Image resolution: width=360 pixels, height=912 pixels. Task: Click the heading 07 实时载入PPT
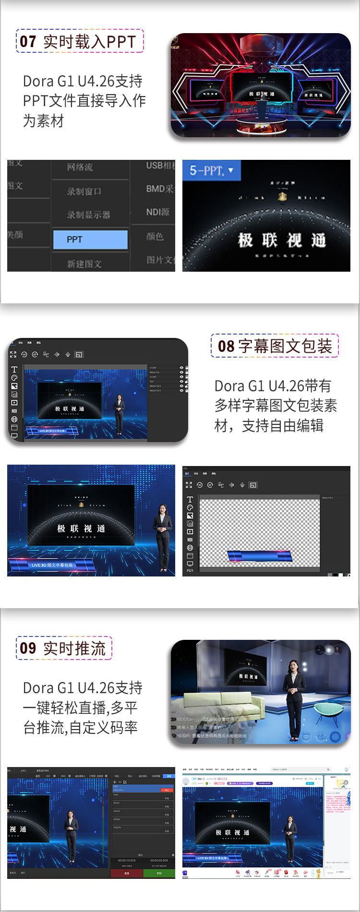coord(80,41)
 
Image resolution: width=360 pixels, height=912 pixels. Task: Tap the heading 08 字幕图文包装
coord(275,346)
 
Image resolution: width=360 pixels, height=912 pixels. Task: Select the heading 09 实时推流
coord(64,648)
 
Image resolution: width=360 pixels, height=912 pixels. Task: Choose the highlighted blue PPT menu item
coord(90,240)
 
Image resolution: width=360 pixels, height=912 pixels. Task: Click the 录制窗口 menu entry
coord(84,192)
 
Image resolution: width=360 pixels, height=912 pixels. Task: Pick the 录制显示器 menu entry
coord(89,215)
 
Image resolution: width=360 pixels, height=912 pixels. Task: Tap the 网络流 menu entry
coord(80,167)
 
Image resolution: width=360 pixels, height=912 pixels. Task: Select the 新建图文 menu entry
coord(84,264)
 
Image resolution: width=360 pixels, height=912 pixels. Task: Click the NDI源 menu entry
coord(158,212)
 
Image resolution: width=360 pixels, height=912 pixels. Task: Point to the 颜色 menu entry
coord(155,236)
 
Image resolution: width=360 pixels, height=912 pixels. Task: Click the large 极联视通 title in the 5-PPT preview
coord(282,240)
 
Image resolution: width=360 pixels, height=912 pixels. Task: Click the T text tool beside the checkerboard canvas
coord(190,500)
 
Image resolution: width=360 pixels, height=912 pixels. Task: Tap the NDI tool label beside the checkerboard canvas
coord(190,540)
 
